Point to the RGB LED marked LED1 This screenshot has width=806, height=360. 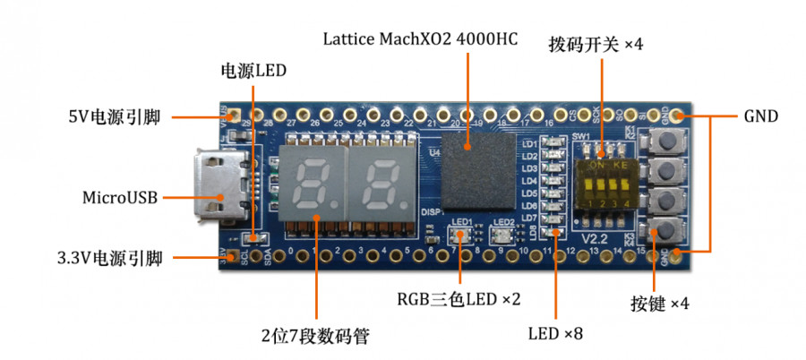[x=462, y=236]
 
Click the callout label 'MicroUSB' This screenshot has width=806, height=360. [x=120, y=197]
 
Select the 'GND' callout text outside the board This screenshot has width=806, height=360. [x=760, y=116]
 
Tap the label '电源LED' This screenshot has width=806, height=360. [x=254, y=69]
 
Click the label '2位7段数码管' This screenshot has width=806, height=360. [x=315, y=337]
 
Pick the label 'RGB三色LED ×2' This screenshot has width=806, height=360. [x=459, y=298]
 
